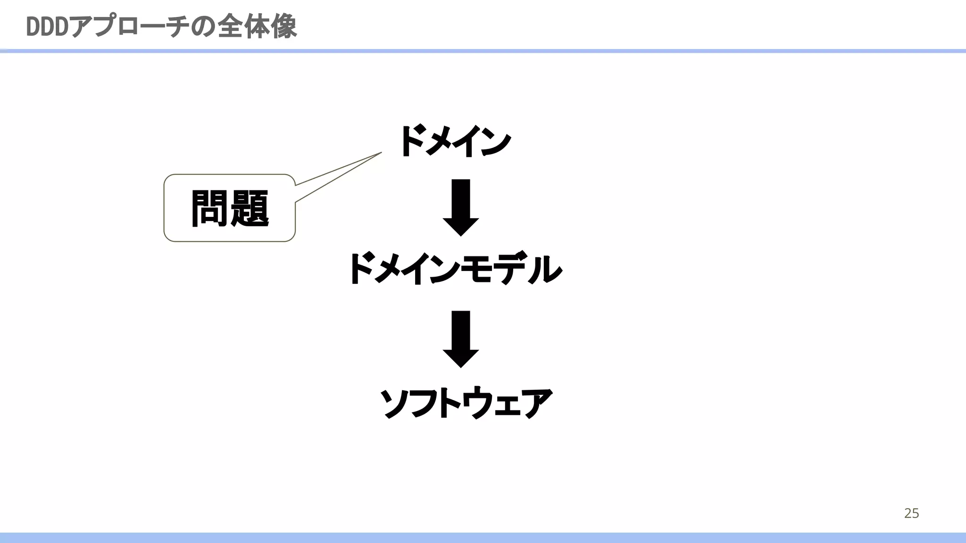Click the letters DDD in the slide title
coord(47,27)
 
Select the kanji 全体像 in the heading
coord(257,27)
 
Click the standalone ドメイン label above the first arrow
coord(455,141)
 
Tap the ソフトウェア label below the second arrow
coord(466,403)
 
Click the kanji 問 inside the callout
coord(210,209)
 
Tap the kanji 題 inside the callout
coord(250,209)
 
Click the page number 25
coord(911,513)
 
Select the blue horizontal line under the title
coord(483,51)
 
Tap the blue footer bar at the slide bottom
coord(483,538)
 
